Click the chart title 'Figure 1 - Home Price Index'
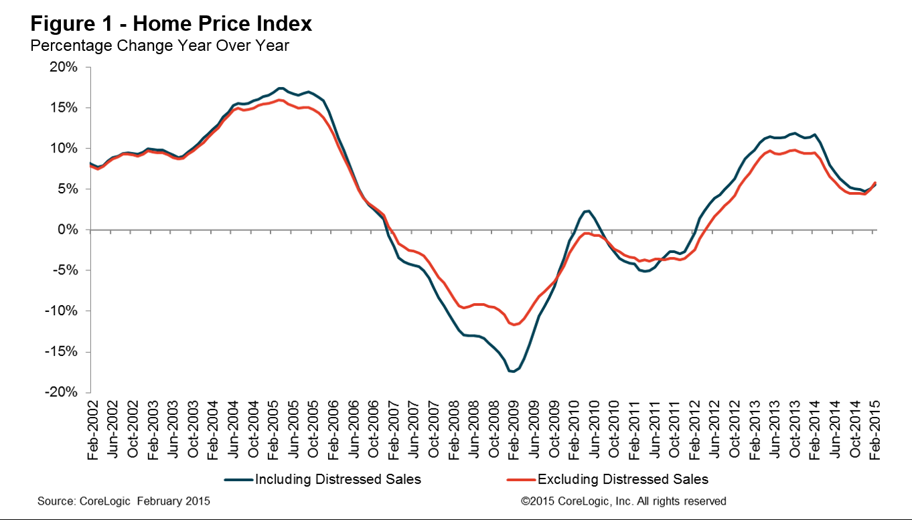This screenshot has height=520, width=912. coord(171,23)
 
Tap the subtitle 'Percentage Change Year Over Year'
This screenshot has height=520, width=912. coord(159,46)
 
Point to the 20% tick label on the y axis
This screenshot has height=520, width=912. coord(64,67)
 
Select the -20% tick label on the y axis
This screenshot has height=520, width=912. coord(61,392)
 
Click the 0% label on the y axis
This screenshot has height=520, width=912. coord(68,230)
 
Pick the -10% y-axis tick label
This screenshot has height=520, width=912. coord(61,311)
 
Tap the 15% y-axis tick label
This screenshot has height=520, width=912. coord(64,108)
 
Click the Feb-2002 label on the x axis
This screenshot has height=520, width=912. coord(93,430)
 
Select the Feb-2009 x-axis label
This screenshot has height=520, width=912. coord(514,430)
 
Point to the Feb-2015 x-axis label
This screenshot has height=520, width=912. coord(875,430)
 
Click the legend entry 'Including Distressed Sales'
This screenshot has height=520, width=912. coord(323,479)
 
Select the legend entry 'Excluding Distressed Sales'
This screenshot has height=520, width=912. coord(607,479)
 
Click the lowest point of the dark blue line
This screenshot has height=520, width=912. coord(512,371)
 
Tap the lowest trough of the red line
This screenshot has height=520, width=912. coord(514,325)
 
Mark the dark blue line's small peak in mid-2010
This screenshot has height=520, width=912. coord(587,211)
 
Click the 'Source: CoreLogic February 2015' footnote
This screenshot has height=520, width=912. coord(124,501)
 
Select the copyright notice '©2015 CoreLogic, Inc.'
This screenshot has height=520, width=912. coord(577,501)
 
